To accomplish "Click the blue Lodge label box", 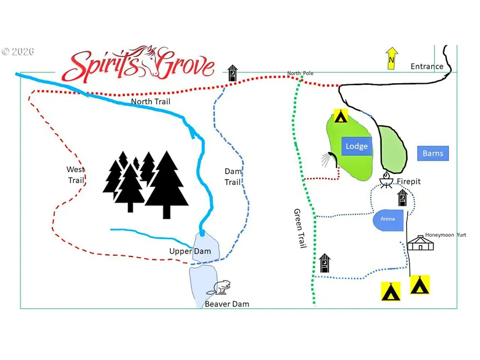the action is [x=357, y=146].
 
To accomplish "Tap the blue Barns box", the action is [x=433, y=153].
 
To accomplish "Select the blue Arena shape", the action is [x=388, y=220].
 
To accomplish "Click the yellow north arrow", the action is [x=392, y=58].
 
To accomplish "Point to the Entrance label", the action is [x=426, y=66].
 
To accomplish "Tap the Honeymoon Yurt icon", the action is [x=420, y=243].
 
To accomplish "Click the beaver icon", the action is [x=219, y=287].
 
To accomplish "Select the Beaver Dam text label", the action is [x=227, y=304].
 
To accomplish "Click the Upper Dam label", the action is [x=190, y=251].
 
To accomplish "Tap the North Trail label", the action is [x=151, y=101].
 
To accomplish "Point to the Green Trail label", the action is [x=300, y=229].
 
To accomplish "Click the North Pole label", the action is [x=300, y=73].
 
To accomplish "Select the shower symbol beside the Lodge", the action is [x=329, y=159].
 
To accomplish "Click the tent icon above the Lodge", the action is [x=341, y=116].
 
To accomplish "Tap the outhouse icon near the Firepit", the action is [x=403, y=198].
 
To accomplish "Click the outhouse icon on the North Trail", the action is [x=233, y=73].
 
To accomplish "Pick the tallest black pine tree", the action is [x=166, y=184].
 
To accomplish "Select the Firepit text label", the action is [x=408, y=181].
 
